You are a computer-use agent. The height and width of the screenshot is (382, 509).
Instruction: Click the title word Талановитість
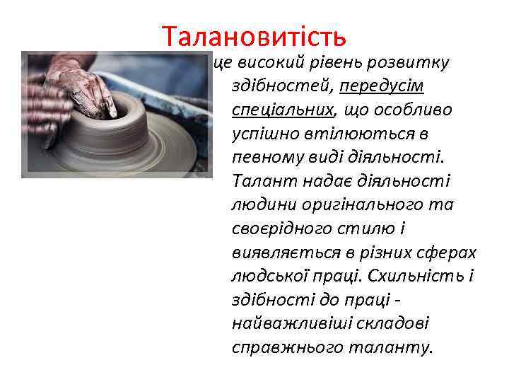[x=254, y=34]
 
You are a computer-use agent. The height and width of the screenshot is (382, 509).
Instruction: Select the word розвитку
[x=415, y=62]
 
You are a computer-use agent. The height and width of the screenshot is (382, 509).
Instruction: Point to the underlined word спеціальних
[x=282, y=110]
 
